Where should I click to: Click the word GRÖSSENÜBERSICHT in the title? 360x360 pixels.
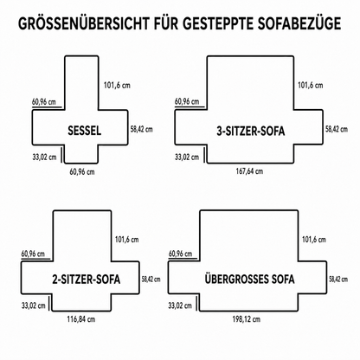click(x=84, y=23)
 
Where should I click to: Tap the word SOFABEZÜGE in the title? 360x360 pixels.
click(x=299, y=23)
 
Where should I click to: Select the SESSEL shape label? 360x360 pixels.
click(x=85, y=131)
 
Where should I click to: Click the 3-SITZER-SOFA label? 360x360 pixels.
click(x=251, y=131)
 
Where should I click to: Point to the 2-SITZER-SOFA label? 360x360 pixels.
click(x=86, y=280)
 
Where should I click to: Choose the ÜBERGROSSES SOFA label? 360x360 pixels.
click(x=250, y=279)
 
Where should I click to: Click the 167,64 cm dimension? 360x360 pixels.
click(x=249, y=171)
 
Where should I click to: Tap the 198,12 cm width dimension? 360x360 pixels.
click(x=247, y=319)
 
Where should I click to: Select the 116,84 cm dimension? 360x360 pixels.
click(x=81, y=319)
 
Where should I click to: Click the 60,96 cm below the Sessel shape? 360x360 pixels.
click(x=82, y=172)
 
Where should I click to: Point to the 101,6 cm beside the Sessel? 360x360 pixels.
click(x=117, y=86)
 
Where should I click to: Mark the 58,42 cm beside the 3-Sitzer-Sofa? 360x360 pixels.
click(x=337, y=129)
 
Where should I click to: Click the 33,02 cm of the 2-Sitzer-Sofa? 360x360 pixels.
click(x=34, y=305)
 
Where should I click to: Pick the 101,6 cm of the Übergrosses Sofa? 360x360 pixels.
click(x=314, y=240)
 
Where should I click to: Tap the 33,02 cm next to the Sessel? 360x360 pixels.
click(x=44, y=157)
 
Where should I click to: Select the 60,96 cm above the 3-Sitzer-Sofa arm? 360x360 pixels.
click(x=187, y=101)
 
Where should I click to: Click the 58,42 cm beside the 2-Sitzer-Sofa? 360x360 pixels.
click(x=151, y=280)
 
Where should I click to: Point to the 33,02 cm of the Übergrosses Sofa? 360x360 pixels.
click(x=180, y=305)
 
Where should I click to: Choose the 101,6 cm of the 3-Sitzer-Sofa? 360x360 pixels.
click(x=311, y=86)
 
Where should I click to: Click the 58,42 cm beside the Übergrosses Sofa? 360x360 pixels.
click(x=338, y=280)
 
